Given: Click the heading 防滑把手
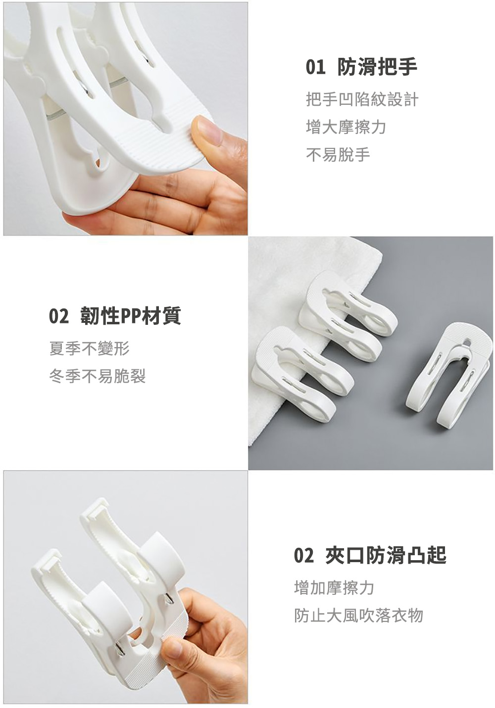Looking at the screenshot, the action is (x=377, y=67).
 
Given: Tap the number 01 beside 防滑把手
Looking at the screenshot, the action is (x=315, y=67).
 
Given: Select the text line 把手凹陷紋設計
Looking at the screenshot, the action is (x=362, y=99).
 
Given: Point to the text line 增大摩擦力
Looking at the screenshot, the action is (x=346, y=127).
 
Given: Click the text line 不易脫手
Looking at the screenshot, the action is (x=338, y=155).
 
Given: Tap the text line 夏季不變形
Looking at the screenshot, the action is (x=90, y=349).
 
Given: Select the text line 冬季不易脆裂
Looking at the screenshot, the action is (x=98, y=376).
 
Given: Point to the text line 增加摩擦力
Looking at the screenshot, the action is (x=334, y=587).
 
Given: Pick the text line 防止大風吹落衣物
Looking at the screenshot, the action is (x=358, y=615).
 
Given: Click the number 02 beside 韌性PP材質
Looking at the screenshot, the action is (x=58, y=316).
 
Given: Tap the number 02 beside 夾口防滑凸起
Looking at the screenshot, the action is (x=303, y=555).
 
